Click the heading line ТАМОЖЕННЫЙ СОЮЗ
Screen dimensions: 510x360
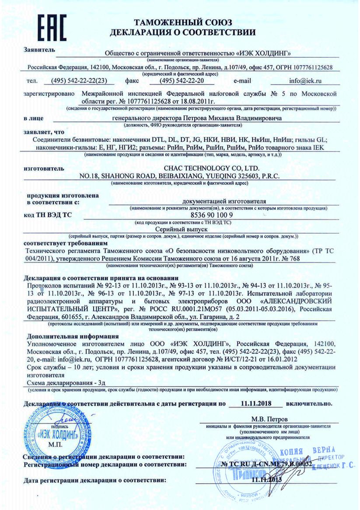pos(183,22)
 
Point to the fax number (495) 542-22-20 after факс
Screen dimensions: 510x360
pos(182,81)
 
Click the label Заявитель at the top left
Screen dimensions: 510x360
pos(40,49)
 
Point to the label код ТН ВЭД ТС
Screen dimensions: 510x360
pos(47,215)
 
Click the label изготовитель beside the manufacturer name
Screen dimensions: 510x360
pos(45,169)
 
